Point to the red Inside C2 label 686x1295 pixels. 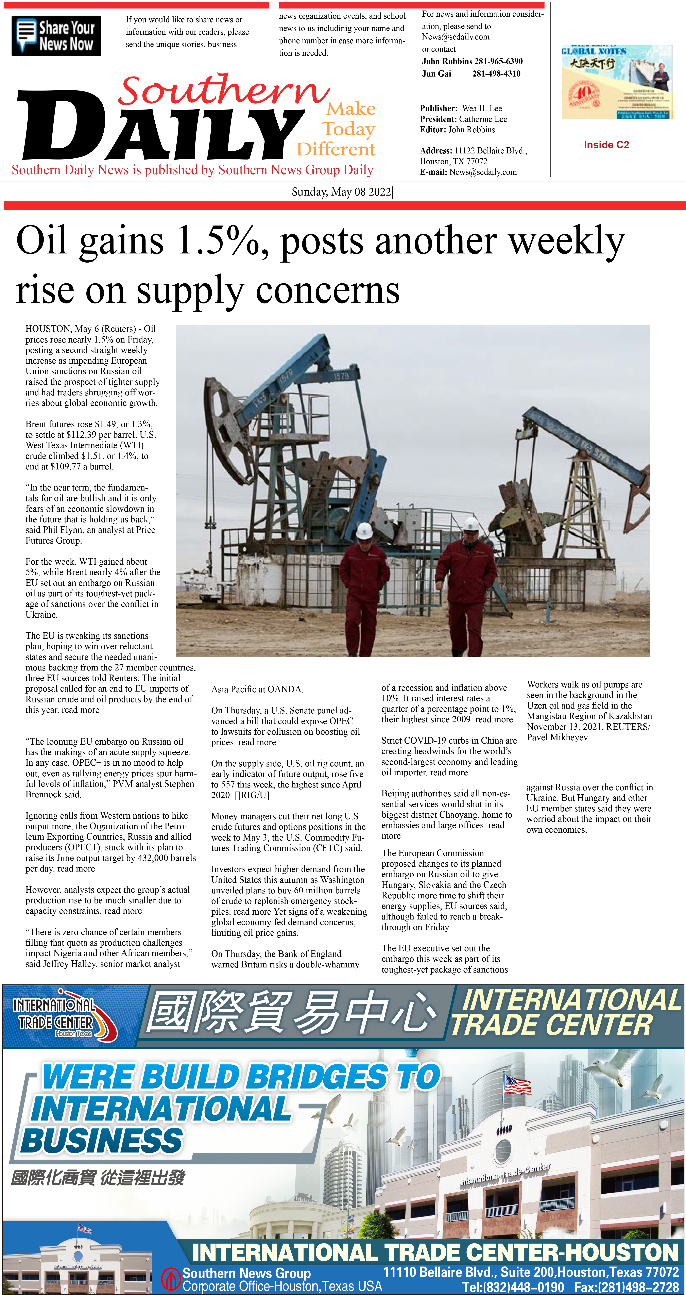(606, 145)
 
